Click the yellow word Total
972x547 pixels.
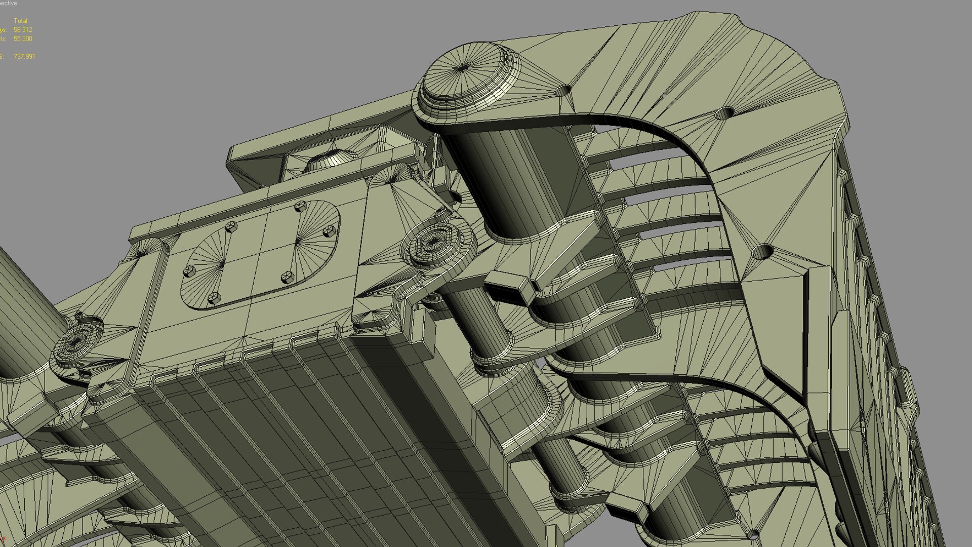tap(21, 21)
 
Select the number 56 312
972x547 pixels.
tap(23, 30)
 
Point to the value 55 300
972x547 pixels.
tap(23, 39)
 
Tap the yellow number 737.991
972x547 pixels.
tap(24, 57)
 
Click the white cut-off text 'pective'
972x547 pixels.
tap(8, 3)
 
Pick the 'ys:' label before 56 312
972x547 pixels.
tap(3, 30)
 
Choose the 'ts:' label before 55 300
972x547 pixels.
tap(3, 39)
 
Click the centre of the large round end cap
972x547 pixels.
tap(465, 69)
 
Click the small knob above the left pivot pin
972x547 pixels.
tap(79, 318)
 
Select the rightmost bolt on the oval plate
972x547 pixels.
tap(330, 231)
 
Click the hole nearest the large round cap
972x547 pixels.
tap(563, 91)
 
